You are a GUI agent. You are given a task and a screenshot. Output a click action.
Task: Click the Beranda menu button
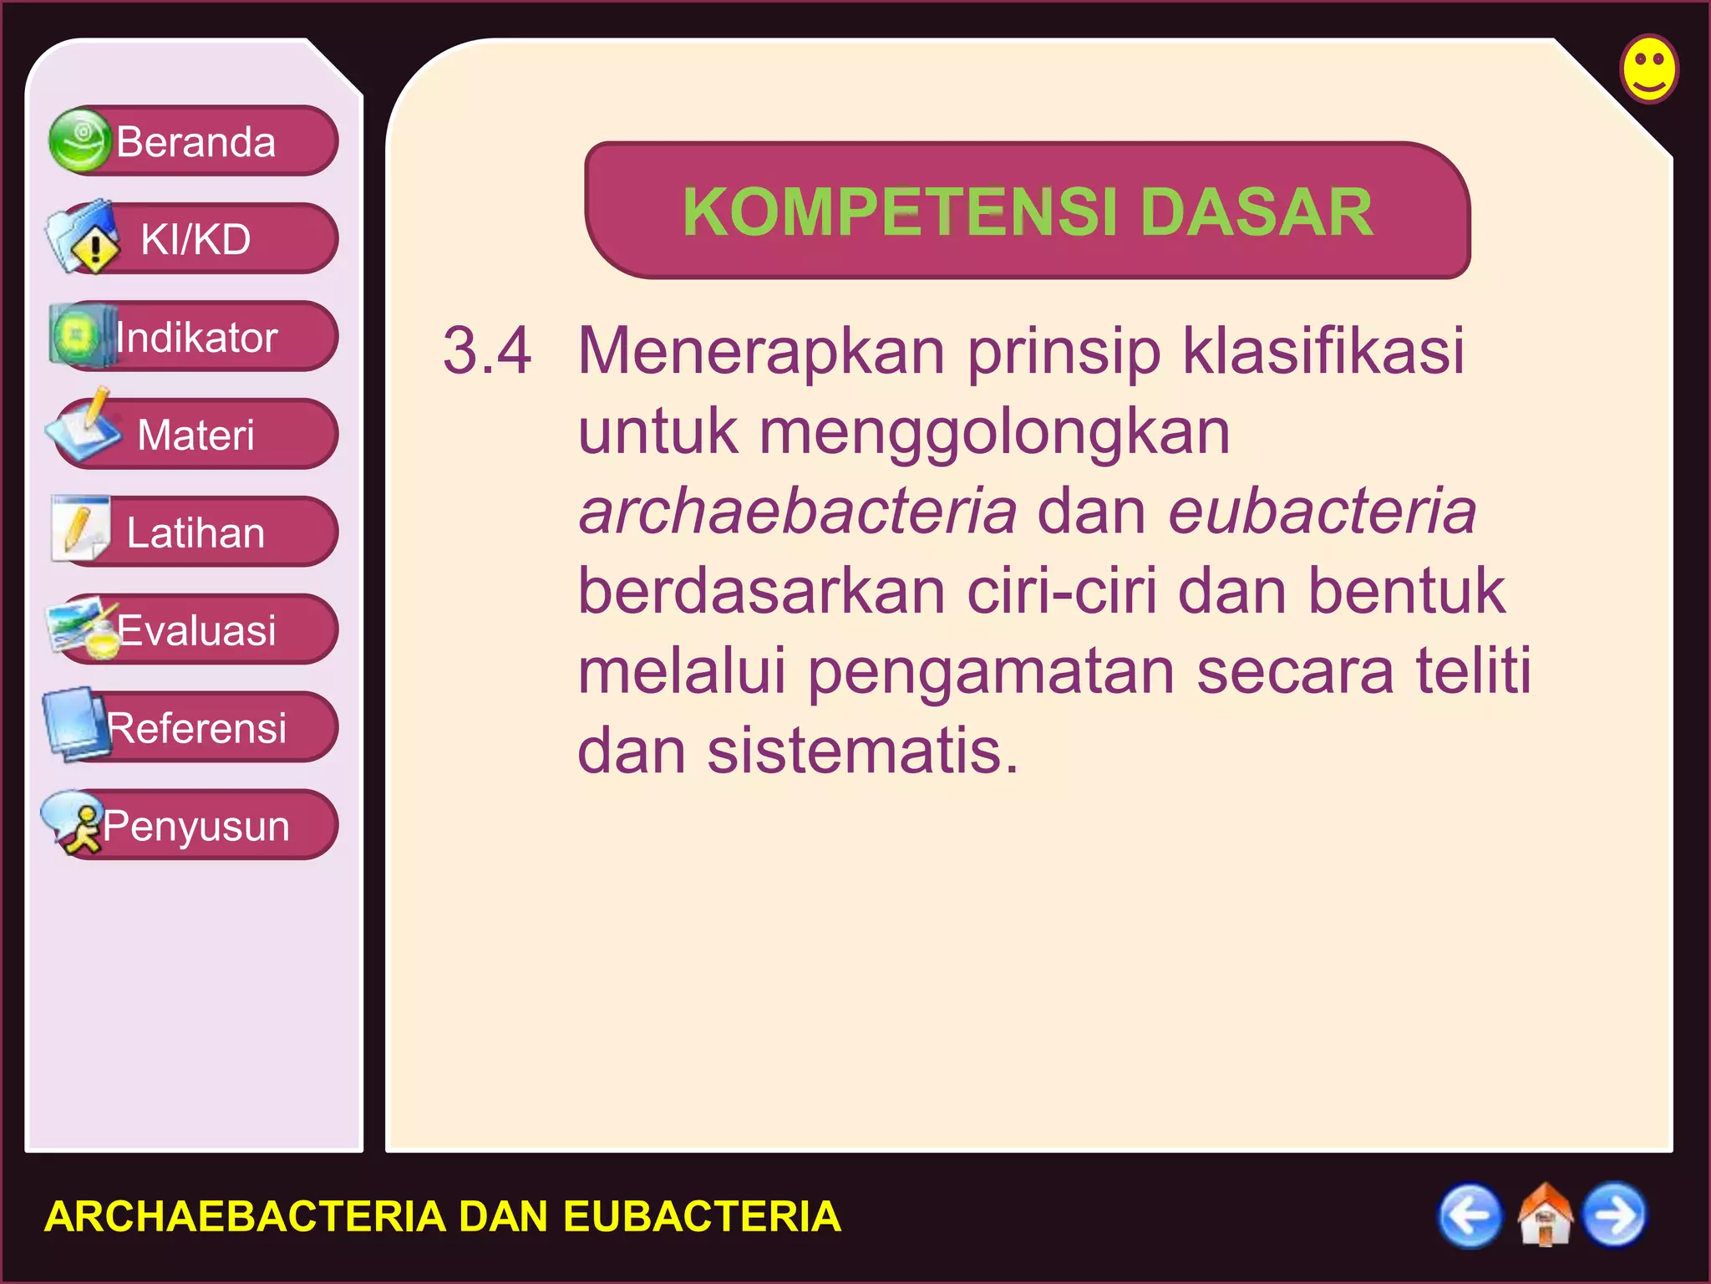coord(195,141)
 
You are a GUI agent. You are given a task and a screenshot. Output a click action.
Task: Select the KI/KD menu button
coord(195,239)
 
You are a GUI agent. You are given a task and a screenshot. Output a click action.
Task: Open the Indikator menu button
coord(195,337)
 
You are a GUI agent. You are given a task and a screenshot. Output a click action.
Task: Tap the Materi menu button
coord(195,435)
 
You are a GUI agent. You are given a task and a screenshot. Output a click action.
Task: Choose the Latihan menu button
coord(195,532)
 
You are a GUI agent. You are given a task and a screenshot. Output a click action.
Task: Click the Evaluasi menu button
coord(195,630)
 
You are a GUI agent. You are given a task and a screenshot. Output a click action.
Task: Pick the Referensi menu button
coord(195,727)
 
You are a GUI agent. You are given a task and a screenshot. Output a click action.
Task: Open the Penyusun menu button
coord(195,825)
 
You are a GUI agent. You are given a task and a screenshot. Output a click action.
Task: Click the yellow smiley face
coord(1649,69)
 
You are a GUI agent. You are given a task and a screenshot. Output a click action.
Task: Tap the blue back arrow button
coord(1470,1215)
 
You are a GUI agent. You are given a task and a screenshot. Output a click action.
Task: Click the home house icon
coord(1544,1215)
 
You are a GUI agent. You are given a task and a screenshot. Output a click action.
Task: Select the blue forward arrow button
coord(1615,1215)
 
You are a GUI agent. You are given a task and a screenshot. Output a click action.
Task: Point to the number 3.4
coord(487,350)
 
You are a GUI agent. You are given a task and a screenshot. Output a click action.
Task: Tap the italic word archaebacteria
coord(798,512)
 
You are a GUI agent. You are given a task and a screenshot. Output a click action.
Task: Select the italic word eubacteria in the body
coord(1323,512)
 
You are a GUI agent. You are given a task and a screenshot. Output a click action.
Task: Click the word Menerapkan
coord(761,350)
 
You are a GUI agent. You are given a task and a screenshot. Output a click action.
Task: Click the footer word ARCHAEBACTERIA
coord(244,1216)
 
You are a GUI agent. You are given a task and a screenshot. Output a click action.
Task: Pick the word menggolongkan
coord(994,432)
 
